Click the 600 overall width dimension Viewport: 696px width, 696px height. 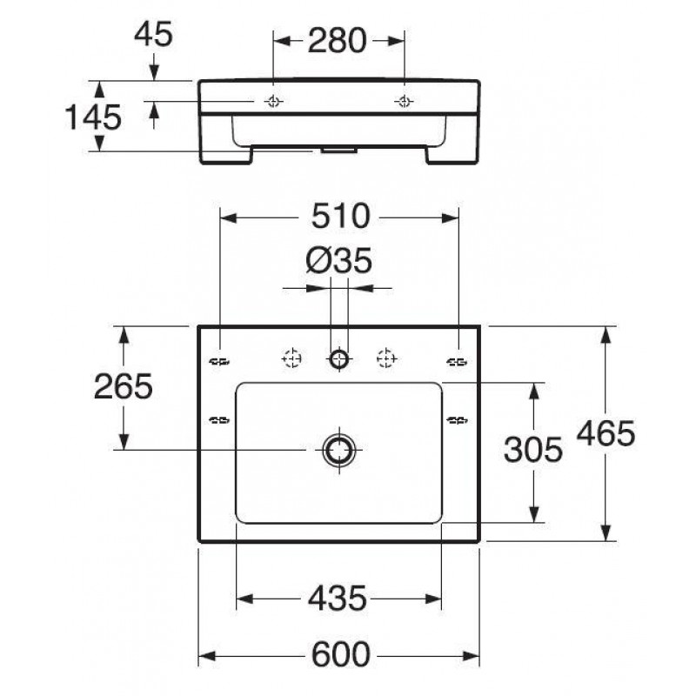(340, 654)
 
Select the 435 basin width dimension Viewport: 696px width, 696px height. (338, 599)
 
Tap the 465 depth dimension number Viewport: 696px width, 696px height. (606, 432)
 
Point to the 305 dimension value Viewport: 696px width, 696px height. (533, 449)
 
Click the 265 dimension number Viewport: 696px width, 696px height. (124, 386)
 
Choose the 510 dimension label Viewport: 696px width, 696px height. (340, 216)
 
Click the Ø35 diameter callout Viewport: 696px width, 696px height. (338, 260)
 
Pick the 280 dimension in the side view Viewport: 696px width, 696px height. (338, 40)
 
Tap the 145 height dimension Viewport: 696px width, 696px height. (93, 117)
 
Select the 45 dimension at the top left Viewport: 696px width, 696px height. (153, 34)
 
